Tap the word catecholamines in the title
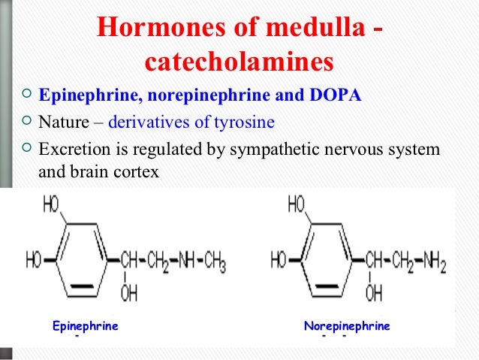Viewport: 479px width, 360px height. point(239,63)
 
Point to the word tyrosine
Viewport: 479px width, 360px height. point(247,122)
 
